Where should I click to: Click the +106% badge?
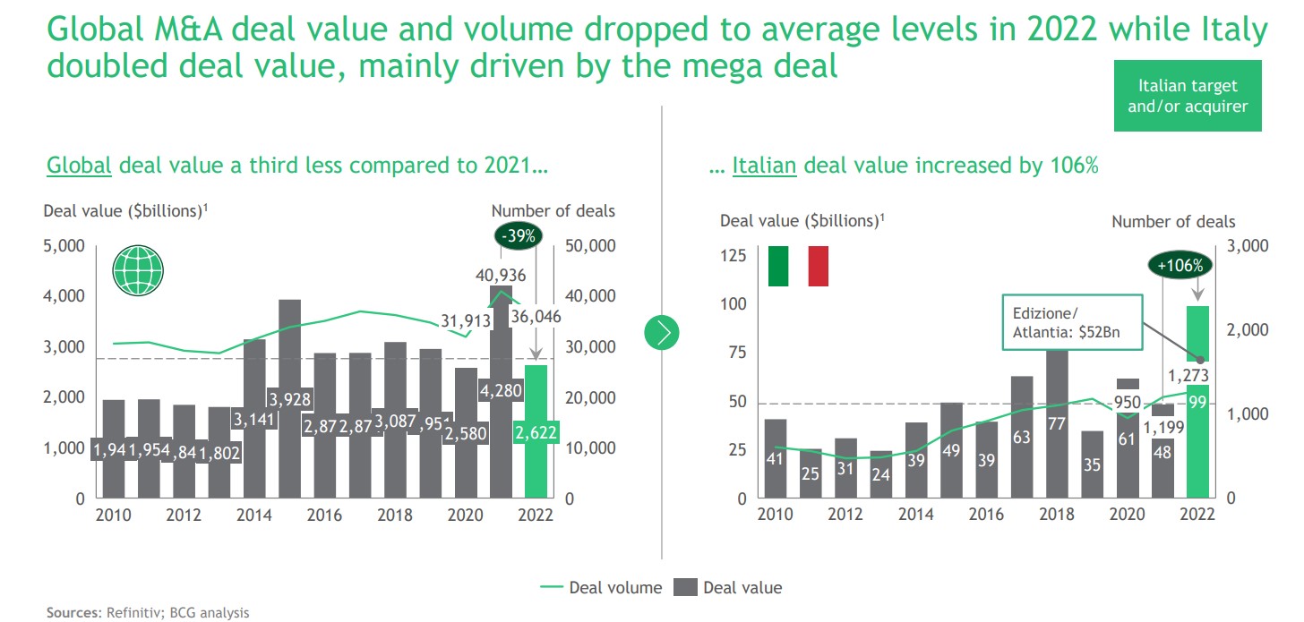tap(1180, 265)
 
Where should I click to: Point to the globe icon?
tap(138, 268)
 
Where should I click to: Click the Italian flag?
tap(798, 266)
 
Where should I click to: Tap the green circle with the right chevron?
tap(663, 333)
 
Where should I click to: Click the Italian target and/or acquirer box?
tap(1188, 96)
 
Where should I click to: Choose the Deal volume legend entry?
tap(601, 588)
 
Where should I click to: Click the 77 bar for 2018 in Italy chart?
tap(1057, 423)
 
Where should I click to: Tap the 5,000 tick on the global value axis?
tap(64, 246)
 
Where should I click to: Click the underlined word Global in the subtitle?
tap(79, 166)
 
